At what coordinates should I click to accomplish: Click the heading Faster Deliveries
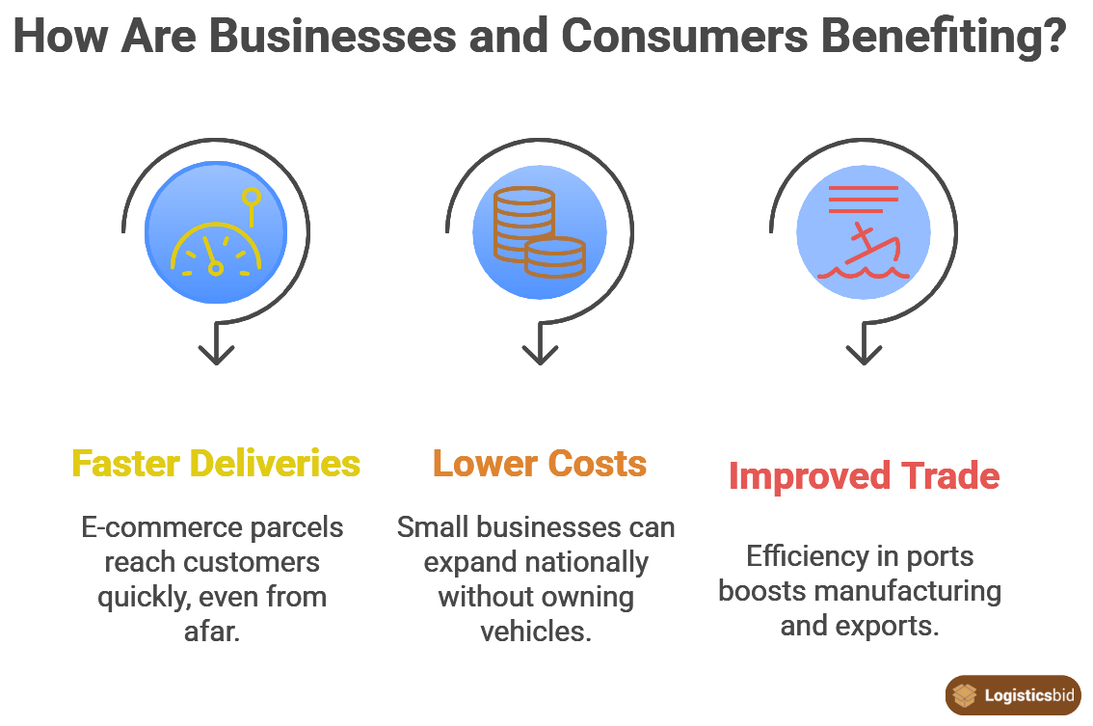(217, 464)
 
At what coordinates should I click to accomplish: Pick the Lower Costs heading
(540, 464)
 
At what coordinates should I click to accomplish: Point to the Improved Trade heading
(864, 476)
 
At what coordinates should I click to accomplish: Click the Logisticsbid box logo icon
(963, 694)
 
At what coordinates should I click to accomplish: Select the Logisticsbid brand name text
(1030, 695)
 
